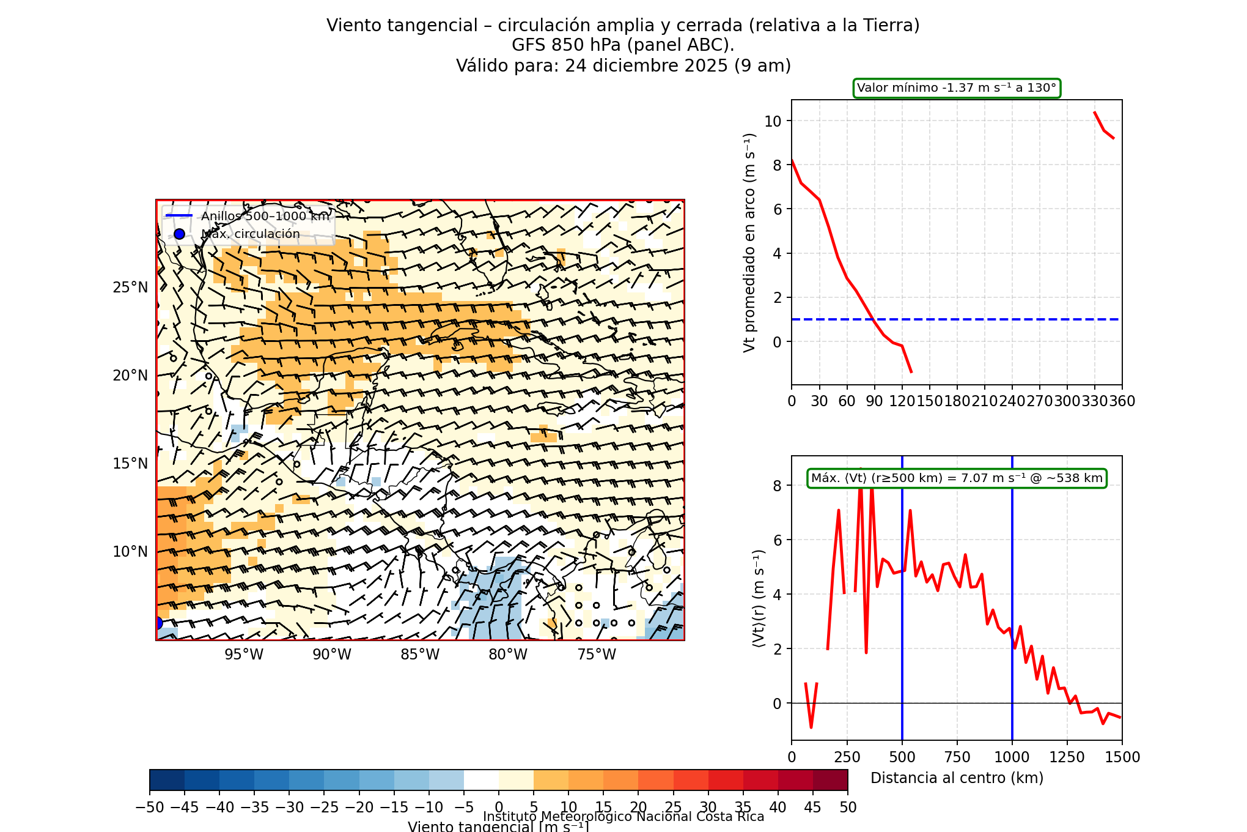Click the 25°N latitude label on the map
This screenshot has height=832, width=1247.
(x=130, y=288)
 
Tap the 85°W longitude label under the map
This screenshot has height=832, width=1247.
(x=420, y=655)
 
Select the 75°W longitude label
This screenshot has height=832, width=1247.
(x=597, y=655)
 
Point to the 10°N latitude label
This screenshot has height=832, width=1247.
(x=130, y=552)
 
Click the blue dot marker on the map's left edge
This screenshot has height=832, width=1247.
(x=158, y=623)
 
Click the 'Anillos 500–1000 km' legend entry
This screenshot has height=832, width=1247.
(x=265, y=216)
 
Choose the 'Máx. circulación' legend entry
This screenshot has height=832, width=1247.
(x=250, y=234)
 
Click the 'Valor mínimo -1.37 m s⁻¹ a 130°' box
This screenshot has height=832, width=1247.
(x=957, y=88)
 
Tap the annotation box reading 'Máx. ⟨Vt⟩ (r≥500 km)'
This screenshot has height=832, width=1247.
(x=957, y=478)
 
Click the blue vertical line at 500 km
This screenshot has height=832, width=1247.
(x=902, y=612)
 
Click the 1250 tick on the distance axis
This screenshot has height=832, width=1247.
(x=1067, y=757)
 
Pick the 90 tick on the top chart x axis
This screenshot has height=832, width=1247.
(x=874, y=401)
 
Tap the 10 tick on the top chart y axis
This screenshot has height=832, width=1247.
(x=773, y=121)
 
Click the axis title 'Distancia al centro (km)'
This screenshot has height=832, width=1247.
(x=957, y=778)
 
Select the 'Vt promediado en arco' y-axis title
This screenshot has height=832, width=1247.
(x=749, y=242)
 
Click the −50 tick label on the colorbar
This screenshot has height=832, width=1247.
(x=150, y=808)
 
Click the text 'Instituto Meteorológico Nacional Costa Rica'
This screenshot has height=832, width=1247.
(x=623, y=817)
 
